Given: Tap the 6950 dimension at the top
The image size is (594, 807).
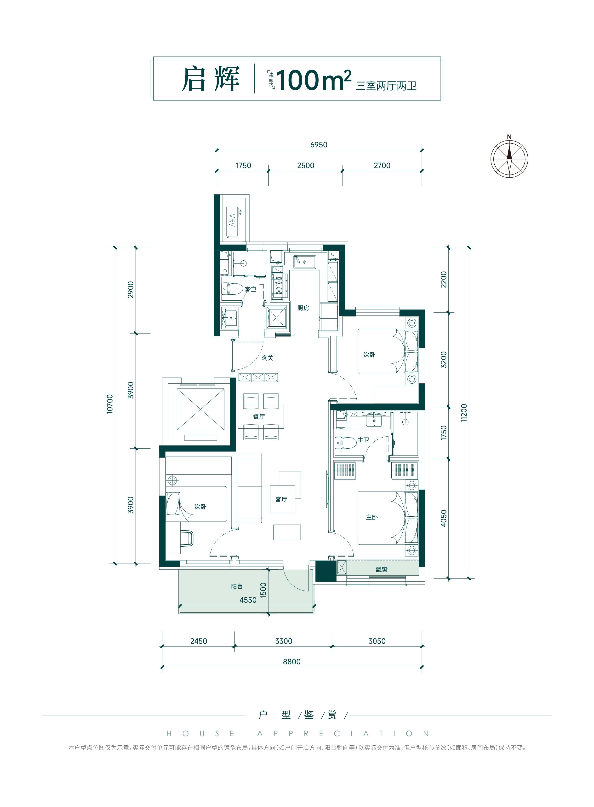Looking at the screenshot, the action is coord(319,145).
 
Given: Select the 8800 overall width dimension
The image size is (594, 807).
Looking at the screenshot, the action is coord(291,661).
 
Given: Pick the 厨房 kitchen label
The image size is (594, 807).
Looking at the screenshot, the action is coord(303,308).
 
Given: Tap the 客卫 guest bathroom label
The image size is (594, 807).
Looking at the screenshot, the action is coord(250,289).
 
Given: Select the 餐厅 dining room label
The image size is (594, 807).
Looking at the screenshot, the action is coord(259,416).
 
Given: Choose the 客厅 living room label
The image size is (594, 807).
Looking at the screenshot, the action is coord(281,499).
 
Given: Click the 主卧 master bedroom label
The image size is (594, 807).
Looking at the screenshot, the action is coord(372,517).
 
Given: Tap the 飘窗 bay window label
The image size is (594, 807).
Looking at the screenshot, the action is coord(382,569).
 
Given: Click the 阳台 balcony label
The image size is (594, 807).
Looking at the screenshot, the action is coord(237,586).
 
